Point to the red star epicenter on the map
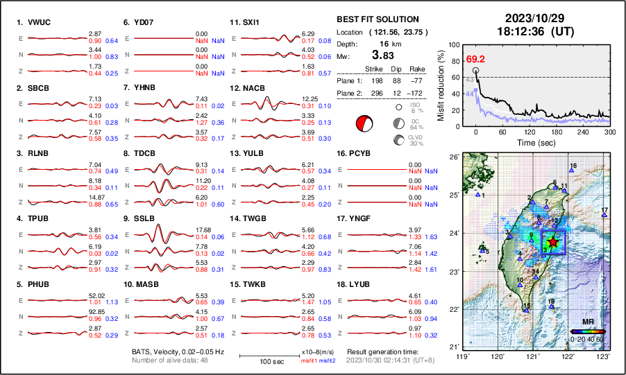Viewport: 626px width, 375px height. pos(552,242)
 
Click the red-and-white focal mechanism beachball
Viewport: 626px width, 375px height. pos(364,123)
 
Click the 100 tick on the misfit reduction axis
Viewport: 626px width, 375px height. pos(455,44)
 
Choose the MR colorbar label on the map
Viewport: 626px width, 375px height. pos(587,322)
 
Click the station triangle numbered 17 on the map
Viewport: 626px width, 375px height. pos(604,216)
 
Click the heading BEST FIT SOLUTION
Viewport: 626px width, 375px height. pos(378,19)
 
